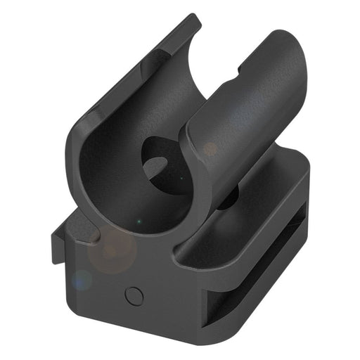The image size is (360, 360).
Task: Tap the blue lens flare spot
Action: [x=82, y=279]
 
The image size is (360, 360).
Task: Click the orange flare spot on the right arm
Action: [x=210, y=149]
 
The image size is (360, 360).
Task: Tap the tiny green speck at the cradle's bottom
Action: [x=139, y=223]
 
